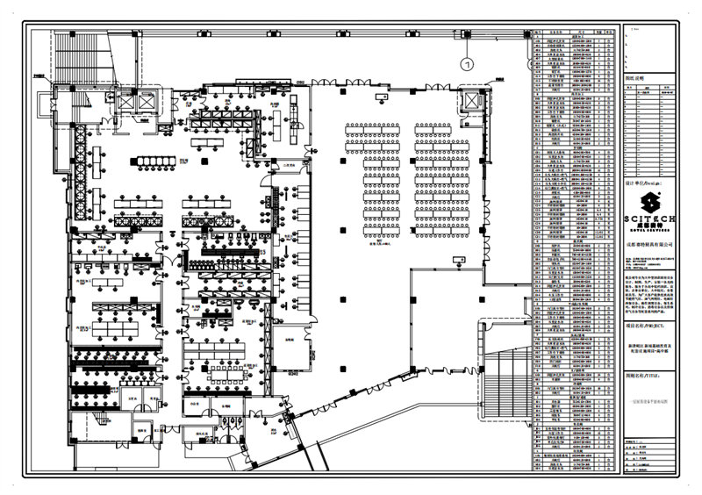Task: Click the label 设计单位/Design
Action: (x=641, y=185)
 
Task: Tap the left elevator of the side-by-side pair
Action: (x=124, y=101)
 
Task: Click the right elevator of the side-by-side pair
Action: (x=146, y=101)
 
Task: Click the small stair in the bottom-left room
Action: (x=88, y=432)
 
